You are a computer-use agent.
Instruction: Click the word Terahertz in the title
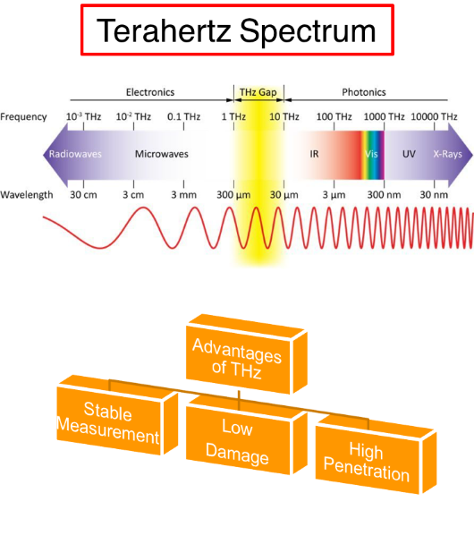[x=164, y=30]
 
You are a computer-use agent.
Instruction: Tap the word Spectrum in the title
[x=308, y=32]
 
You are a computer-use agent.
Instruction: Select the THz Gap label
[x=258, y=92]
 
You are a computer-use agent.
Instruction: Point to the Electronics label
[x=150, y=92]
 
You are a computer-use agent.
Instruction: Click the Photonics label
[x=364, y=92]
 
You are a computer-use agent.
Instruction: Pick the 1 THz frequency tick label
[x=233, y=116]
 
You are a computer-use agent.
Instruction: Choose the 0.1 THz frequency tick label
[x=183, y=116]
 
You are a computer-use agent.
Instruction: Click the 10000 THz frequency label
[x=434, y=116]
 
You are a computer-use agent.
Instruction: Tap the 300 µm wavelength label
[x=233, y=195]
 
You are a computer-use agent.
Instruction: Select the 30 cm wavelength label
[x=83, y=195]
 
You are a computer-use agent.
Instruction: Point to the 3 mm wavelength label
[x=183, y=195]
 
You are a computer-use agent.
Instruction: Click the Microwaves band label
[x=162, y=154]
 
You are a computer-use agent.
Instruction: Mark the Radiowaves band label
[x=75, y=154]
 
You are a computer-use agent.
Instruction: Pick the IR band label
[x=314, y=154]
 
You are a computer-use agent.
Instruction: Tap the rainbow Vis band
[x=372, y=155]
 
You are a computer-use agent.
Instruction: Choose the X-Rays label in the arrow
[x=448, y=154]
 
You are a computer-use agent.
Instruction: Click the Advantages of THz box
[x=247, y=354]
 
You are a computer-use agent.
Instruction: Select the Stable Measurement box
[x=117, y=415]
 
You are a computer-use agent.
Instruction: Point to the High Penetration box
[x=376, y=455]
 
